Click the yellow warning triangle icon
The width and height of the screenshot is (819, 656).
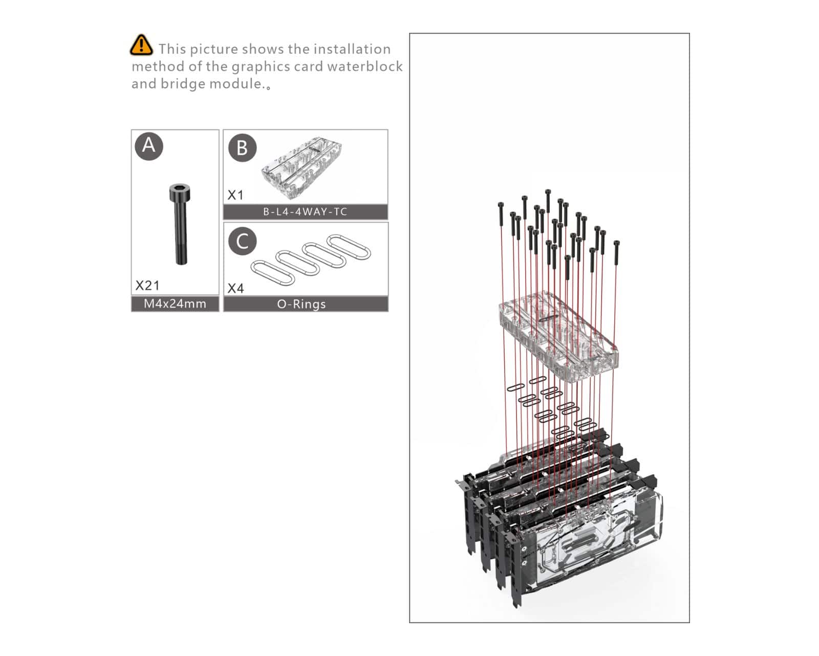141,45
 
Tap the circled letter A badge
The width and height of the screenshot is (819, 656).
149,146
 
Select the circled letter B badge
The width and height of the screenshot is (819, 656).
243,148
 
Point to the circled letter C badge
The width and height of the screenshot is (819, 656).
243,241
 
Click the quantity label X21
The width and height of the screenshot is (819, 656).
147,285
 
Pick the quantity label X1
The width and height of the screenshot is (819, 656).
235,195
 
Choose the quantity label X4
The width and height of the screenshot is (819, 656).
235,288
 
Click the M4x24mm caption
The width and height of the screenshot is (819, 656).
175,304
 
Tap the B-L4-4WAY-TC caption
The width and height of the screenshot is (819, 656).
305,212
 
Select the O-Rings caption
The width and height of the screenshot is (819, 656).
301,304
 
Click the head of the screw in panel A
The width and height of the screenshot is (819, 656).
180,192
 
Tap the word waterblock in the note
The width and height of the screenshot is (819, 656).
365,66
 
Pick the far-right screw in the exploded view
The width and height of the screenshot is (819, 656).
616,253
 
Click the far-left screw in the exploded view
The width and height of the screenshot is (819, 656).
501,215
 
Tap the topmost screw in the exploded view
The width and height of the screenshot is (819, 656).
548,201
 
